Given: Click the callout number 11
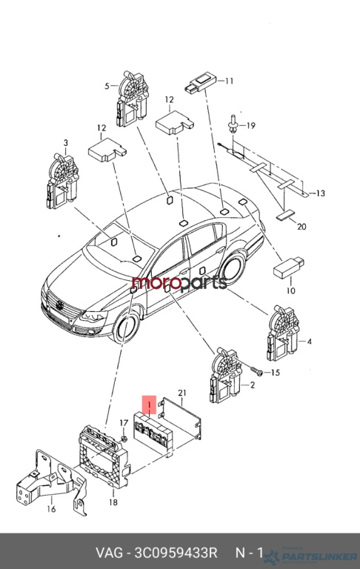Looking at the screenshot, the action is [x=229, y=81].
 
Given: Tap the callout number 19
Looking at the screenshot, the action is [x=251, y=125].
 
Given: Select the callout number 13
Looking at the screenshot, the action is [x=321, y=193].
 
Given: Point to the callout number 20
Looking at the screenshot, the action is [x=301, y=227].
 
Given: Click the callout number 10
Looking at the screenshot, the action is [x=291, y=290].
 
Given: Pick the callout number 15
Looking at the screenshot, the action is [x=276, y=373].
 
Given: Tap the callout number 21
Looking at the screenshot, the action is [x=182, y=393].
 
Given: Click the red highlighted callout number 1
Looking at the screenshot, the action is [x=149, y=405].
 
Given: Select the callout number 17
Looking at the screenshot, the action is [x=124, y=423].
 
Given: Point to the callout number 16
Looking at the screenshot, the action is [x=52, y=509].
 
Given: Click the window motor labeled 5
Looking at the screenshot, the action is [x=133, y=99].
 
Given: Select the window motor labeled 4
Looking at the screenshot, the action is [x=282, y=333].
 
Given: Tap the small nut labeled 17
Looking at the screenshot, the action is [x=124, y=439].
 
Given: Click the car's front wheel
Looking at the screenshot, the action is [x=126, y=327].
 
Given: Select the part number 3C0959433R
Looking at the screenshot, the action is [x=176, y=553].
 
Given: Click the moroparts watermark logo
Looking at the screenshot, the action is [x=179, y=283].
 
